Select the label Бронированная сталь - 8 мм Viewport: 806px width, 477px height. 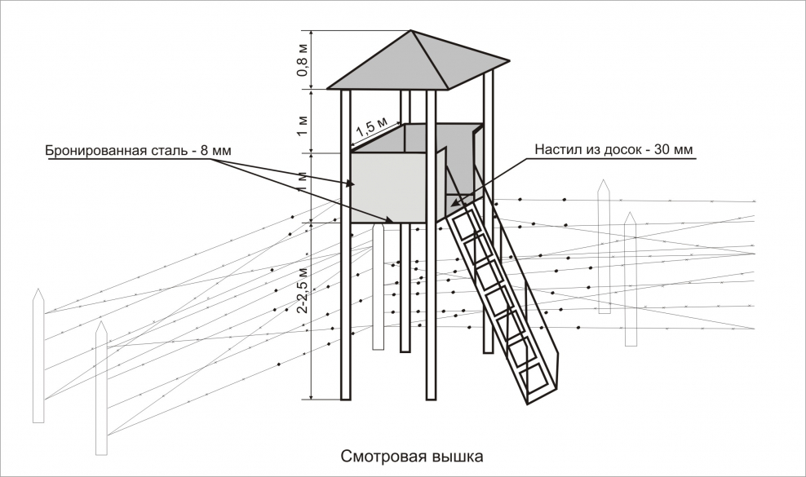[129, 152]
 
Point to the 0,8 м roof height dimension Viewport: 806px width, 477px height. [302, 60]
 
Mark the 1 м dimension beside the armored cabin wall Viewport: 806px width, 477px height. [302, 186]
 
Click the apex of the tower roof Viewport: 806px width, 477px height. [413, 32]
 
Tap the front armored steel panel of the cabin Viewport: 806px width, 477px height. [387, 188]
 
